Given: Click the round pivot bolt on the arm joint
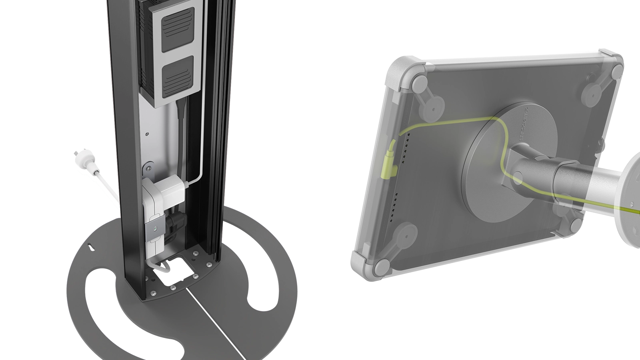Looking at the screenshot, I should pos(518,178).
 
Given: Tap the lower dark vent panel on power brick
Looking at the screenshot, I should pos(177,74).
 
